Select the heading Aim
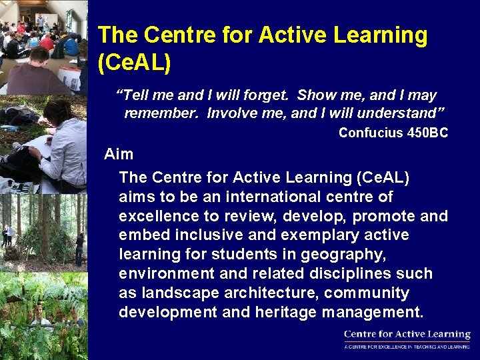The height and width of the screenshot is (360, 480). [119, 155]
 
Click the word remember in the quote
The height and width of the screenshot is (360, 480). [163, 113]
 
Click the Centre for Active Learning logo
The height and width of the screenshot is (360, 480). [407, 339]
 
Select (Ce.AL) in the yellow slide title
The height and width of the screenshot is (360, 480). [135, 63]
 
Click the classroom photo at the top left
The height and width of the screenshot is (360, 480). [43, 47]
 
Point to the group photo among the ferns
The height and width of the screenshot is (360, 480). [43, 313]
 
